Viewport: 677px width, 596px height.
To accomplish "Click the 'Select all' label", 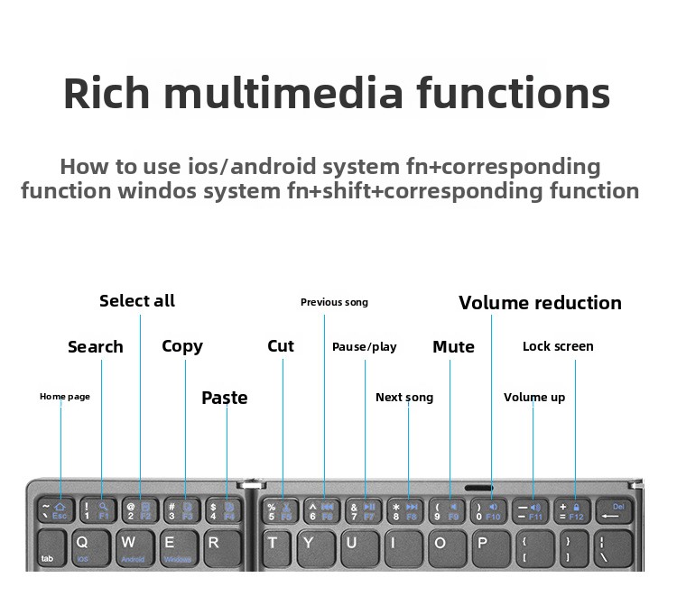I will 137,301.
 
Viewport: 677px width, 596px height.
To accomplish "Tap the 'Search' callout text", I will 96,347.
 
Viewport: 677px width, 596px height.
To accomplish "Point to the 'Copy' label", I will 182,347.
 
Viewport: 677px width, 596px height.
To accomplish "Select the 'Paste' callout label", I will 225,398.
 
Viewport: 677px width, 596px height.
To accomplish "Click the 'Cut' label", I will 281,346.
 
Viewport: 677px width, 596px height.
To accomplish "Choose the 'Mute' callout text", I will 453,347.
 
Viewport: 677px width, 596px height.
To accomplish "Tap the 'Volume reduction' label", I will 540,303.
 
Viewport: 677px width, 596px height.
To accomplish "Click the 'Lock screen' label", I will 558,346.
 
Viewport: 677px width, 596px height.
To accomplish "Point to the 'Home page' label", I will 65,397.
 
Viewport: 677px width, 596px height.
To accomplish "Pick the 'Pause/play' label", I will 364,347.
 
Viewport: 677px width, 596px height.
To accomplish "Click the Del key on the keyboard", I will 613,511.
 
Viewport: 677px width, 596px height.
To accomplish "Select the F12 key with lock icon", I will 571,511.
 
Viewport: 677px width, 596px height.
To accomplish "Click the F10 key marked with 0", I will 488,511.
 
